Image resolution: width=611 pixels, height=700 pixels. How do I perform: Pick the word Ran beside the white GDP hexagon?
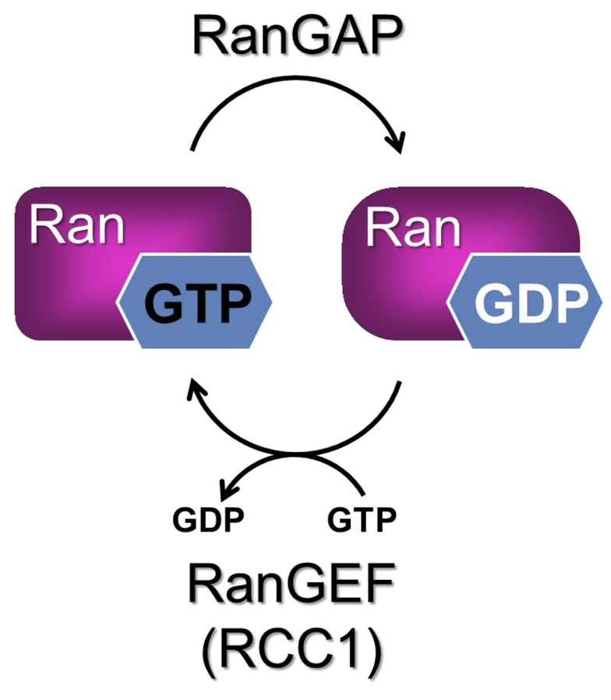coord(413,228)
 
